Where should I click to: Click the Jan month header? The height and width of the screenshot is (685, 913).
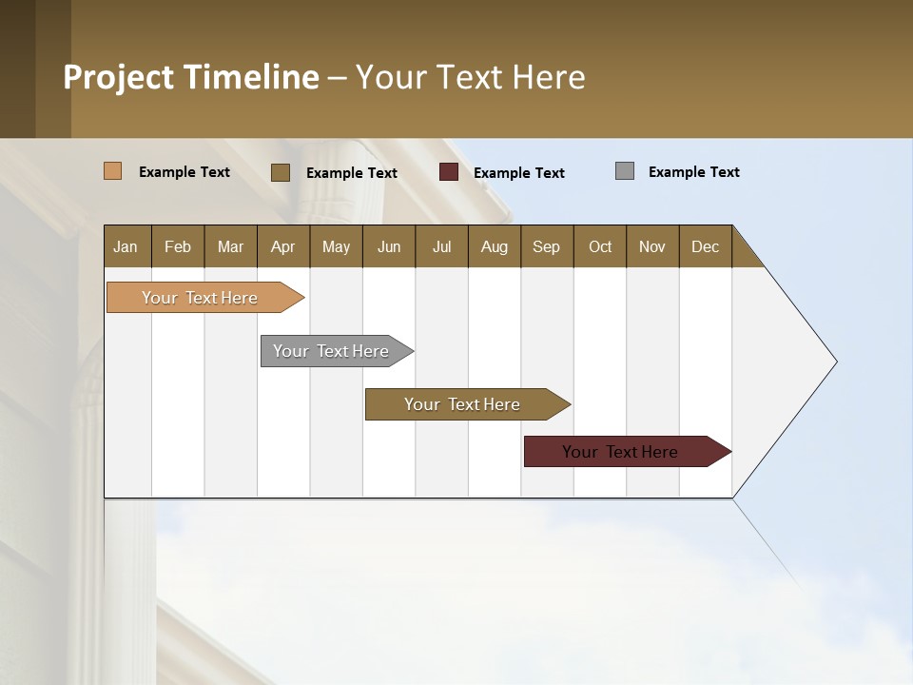(126, 246)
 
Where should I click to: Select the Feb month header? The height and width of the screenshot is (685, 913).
(178, 246)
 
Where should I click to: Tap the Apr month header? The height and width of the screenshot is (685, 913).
(283, 246)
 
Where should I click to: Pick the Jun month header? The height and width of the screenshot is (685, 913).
(389, 246)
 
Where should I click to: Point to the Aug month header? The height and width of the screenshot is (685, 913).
(495, 246)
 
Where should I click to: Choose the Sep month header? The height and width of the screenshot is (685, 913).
(547, 246)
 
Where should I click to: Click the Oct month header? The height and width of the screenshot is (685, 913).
(600, 246)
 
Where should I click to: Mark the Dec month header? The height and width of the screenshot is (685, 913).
(706, 246)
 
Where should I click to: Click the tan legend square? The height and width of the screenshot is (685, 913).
(113, 171)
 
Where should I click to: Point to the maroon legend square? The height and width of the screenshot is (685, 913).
(449, 172)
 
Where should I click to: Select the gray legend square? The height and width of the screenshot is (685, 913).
(625, 171)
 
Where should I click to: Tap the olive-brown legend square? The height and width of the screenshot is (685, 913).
(281, 172)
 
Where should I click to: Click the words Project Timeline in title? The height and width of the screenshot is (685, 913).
(191, 77)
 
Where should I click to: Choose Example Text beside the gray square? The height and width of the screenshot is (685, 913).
(694, 172)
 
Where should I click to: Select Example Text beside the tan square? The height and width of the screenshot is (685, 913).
(185, 172)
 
